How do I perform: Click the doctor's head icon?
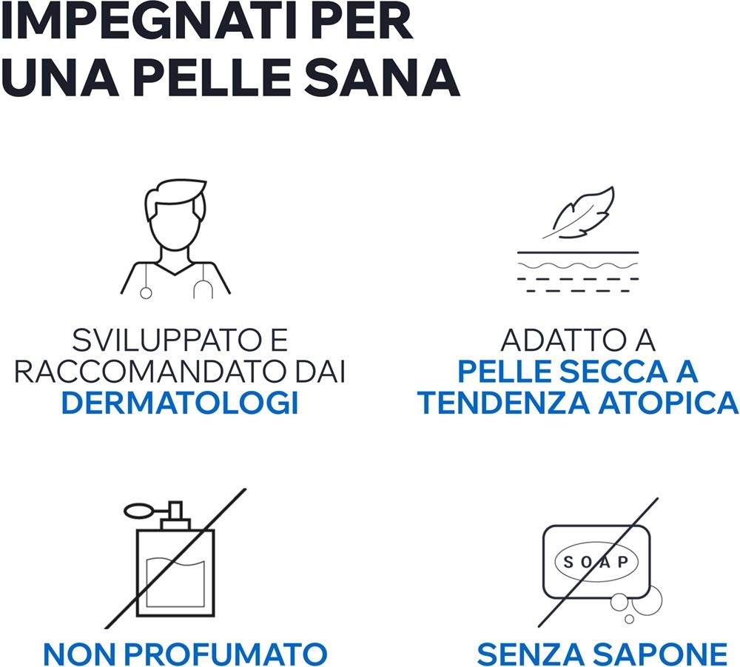click(x=175, y=215)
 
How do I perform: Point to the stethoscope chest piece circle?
click(x=146, y=293)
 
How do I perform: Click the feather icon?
click(x=579, y=212)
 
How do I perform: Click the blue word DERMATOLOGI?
click(x=180, y=403)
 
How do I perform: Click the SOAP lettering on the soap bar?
click(x=596, y=562)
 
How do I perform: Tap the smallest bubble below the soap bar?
click(x=629, y=618)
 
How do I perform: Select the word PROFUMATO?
click(x=225, y=654)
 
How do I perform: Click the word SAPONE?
click(x=659, y=654)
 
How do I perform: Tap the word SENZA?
click(x=530, y=654)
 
